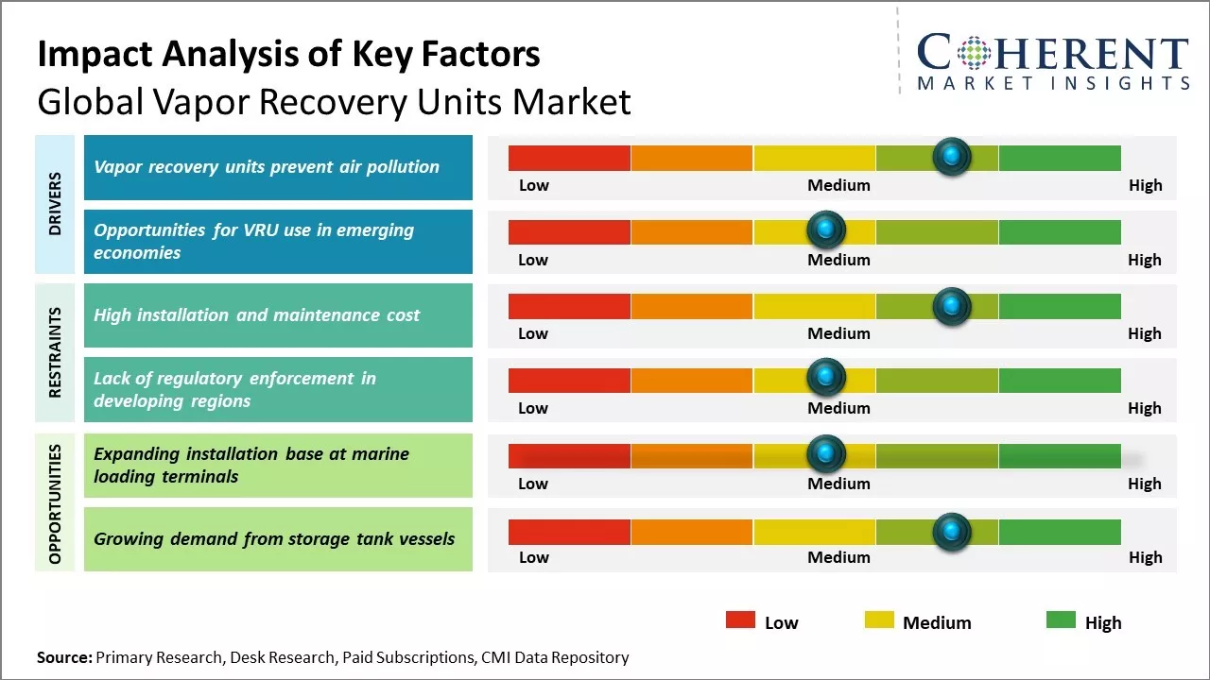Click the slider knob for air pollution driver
(x=952, y=156)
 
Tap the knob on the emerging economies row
(x=826, y=229)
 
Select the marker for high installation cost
(x=952, y=305)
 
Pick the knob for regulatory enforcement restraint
(x=826, y=378)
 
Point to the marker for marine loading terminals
(x=826, y=454)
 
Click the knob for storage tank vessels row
(x=952, y=532)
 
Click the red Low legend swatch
(x=740, y=620)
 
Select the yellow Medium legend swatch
(x=879, y=620)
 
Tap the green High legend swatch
(x=1061, y=620)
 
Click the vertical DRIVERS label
(x=55, y=204)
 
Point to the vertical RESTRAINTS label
(x=55, y=352)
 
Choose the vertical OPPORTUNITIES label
(x=55, y=503)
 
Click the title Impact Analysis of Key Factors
(x=288, y=55)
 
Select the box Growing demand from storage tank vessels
(x=278, y=539)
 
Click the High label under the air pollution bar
(x=1145, y=185)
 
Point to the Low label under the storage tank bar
(x=533, y=557)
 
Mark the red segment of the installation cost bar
(x=569, y=306)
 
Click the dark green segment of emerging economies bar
(x=1059, y=231)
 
